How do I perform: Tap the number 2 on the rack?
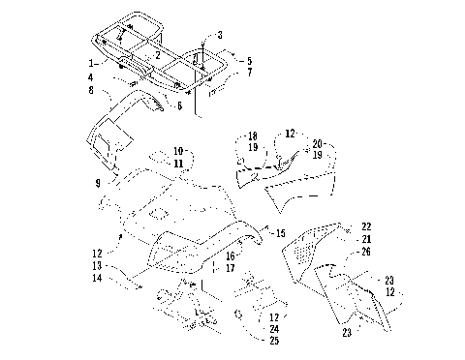coord(157,55)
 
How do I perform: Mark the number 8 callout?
coord(90,90)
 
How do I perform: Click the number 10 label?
coord(178,151)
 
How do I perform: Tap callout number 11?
coord(178,165)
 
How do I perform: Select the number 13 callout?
coord(97,265)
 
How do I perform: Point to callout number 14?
coord(97,278)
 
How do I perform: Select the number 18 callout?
coord(252,136)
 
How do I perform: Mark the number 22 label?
coord(366,225)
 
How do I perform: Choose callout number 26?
coord(366,252)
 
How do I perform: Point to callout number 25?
coord(276,342)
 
